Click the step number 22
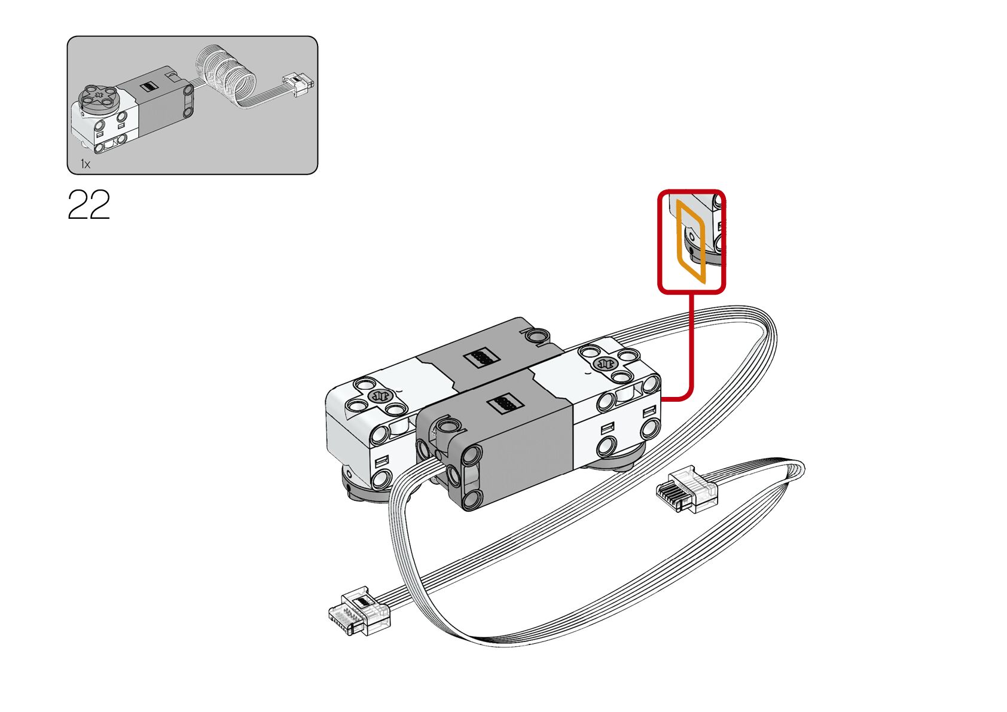[x=89, y=205]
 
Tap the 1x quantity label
[x=86, y=164]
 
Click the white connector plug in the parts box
[x=298, y=84]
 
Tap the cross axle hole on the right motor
[x=605, y=363]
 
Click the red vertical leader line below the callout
[x=691, y=341]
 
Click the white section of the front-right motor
[x=616, y=424]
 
